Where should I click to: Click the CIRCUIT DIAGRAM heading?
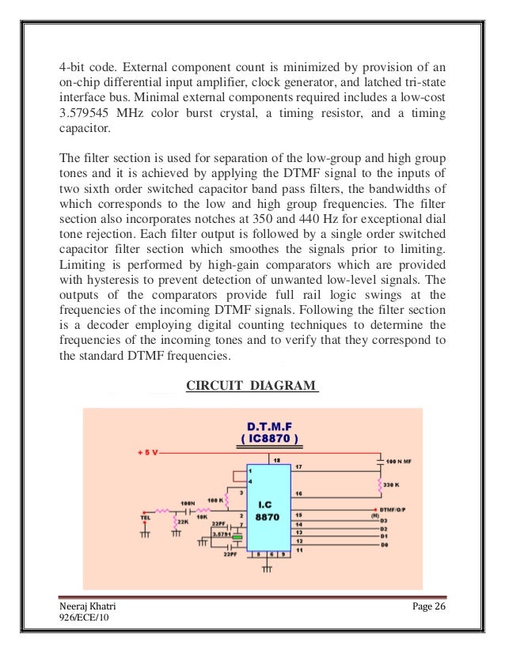click(252, 386)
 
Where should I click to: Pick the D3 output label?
click(384, 521)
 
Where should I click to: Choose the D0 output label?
click(384, 546)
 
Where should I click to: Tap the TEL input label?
click(142, 519)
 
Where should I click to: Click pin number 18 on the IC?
click(276, 459)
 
